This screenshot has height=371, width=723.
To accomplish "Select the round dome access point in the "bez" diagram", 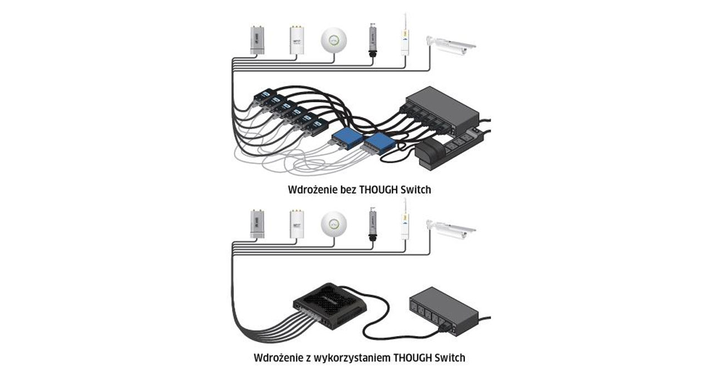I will (x=334, y=41).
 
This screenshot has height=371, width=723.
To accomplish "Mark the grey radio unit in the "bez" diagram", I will (x=257, y=40).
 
